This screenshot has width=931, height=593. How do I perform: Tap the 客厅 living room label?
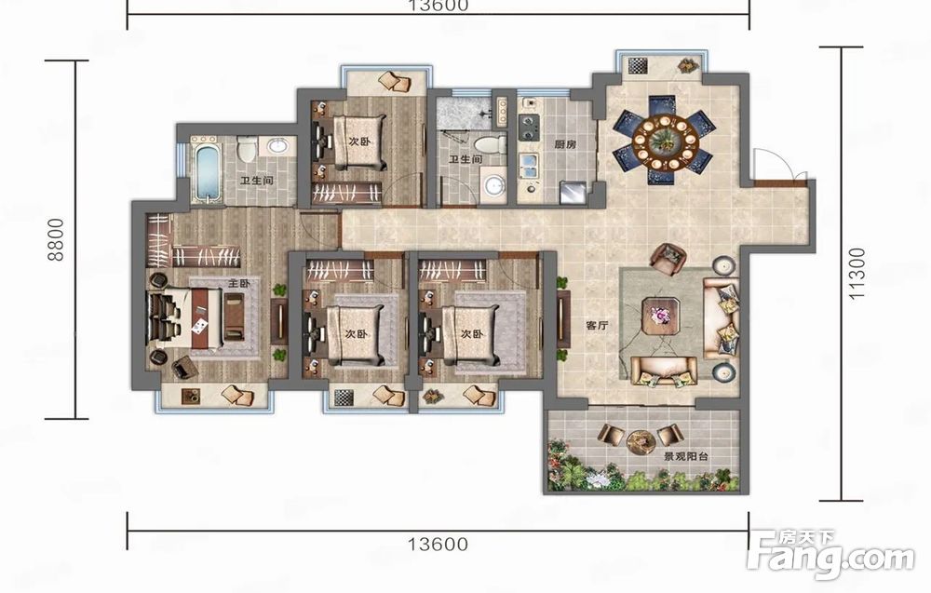(598, 325)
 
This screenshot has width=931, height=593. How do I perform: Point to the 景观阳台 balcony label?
(686, 457)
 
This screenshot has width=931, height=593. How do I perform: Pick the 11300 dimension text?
(857, 274)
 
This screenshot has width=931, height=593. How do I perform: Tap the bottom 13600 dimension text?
(439, 543)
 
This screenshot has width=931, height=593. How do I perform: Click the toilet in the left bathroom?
(247, 149)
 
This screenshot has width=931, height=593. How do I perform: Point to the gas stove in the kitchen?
(528, 127)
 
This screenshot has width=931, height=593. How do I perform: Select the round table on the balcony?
(641, 441)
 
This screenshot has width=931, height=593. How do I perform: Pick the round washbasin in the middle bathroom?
(493, 186)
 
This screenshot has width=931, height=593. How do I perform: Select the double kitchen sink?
(529, 167)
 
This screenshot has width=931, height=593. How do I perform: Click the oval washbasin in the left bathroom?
(277, 146)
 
